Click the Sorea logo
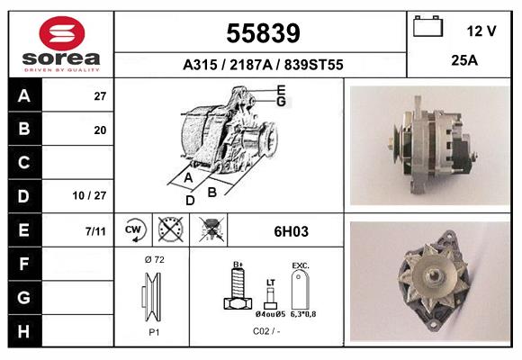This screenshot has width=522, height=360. pos(61,43)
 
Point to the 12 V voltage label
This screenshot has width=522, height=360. pos(481,31)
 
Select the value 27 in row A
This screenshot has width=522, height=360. pos(99,96)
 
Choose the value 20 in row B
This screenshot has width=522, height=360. pos(99,130)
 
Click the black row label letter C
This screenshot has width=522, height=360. pos(24,163)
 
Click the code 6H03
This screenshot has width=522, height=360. pos(291,231)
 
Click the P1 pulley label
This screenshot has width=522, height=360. pos(153,331)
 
